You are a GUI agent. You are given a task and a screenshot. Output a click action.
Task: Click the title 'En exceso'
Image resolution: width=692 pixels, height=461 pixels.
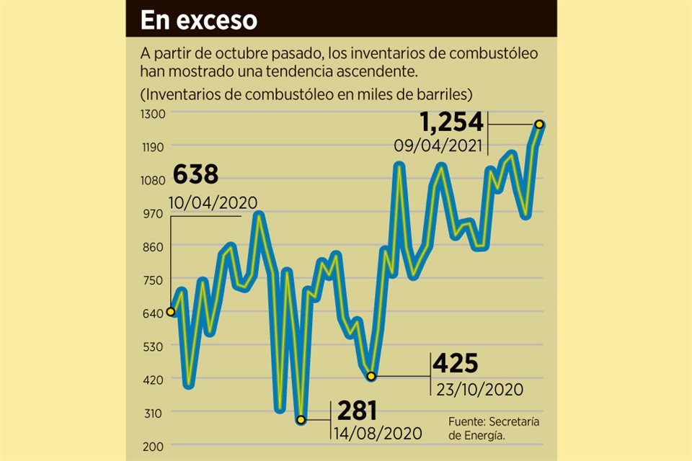198,20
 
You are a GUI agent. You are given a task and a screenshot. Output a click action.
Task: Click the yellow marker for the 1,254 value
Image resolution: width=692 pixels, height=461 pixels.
539,124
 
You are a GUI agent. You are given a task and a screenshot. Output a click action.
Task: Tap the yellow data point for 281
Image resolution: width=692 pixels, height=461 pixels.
301,420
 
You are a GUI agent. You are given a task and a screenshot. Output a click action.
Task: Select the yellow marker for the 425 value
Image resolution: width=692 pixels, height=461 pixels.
371,376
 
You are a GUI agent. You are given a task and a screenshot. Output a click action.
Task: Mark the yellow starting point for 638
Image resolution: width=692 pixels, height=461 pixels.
170,312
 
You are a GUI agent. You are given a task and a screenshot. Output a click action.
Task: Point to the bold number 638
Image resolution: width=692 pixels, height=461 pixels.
195,175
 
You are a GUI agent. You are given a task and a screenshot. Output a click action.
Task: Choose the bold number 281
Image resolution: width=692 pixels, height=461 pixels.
355,411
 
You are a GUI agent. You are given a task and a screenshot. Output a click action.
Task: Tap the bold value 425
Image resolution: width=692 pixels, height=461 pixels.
456,364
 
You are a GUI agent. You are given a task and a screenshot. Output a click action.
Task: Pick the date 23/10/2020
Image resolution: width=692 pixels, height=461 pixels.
479,389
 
